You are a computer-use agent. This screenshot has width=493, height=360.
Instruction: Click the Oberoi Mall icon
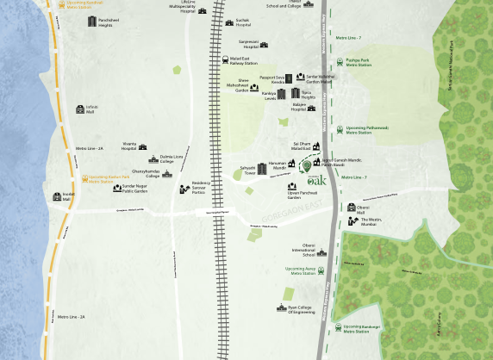[351, 208]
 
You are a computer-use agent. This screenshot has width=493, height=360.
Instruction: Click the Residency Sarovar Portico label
[201, 186]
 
